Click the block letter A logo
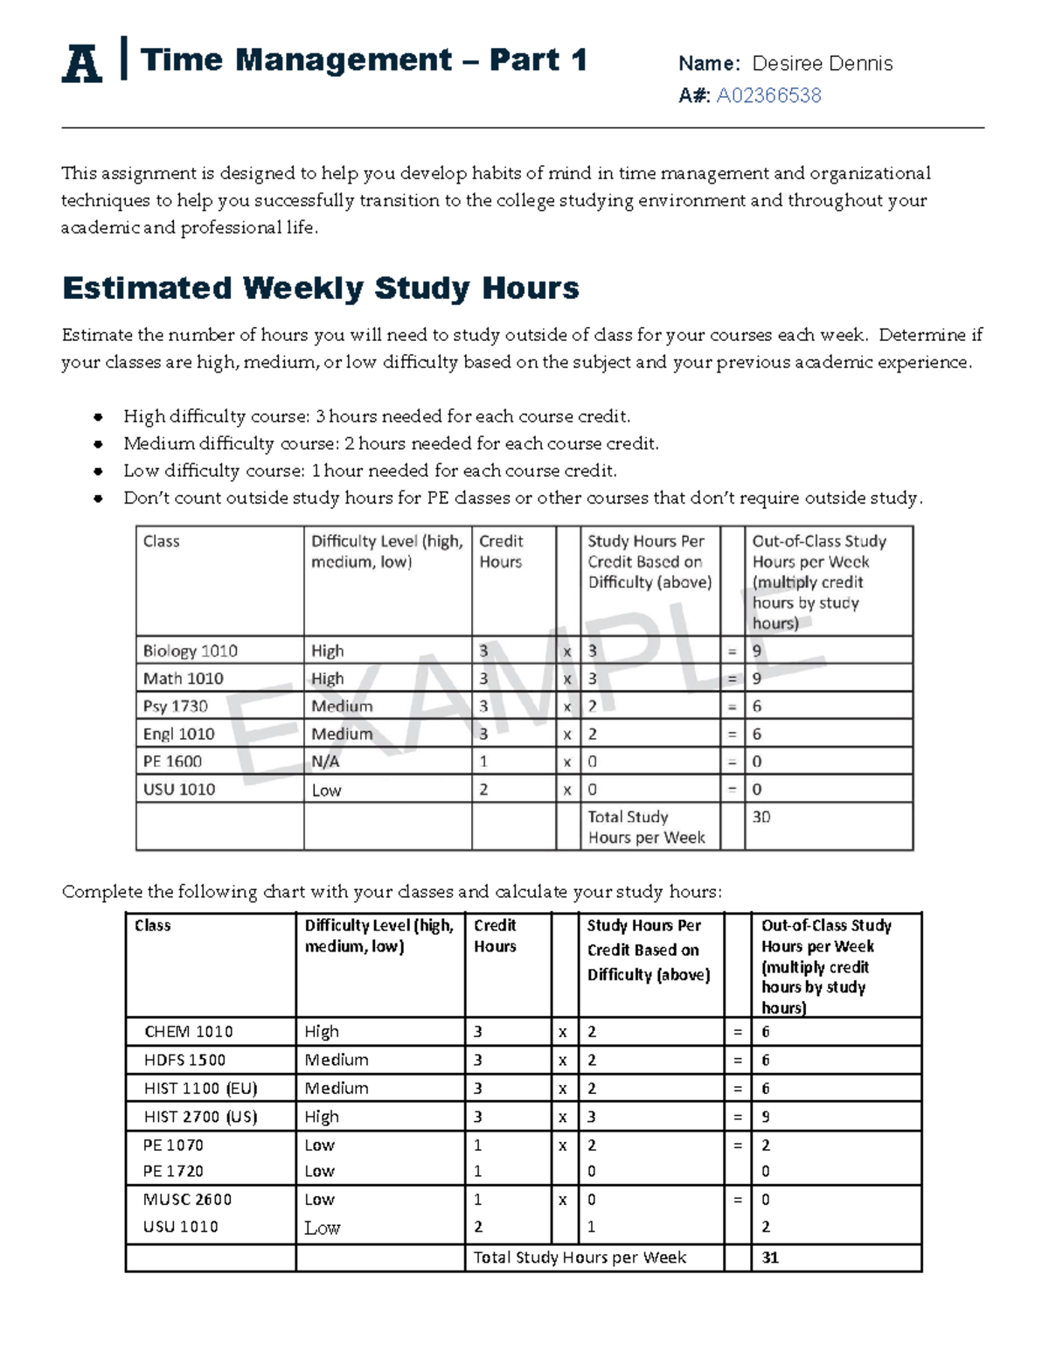coord(81,63)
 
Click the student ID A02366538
coord(768,95)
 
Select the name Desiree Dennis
coord(822,63)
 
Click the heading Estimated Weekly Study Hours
coord(320,288)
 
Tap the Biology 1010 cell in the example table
coord(191,651)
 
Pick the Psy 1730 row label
coord(176,706)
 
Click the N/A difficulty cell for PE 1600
coord(325,762)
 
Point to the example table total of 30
coord(761,817)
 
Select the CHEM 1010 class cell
coord(189,1032)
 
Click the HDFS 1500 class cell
coord(184,1060)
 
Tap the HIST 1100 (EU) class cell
coord(200,1089)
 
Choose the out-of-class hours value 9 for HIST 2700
coord(766,1117)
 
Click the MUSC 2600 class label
coord(187,1200)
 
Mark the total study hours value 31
coord(770,1257)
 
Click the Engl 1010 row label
coord(178,734)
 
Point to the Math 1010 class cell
coord(183,679)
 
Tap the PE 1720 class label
coord(173,1171)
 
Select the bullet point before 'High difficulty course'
coord(98,417)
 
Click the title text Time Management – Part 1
coord(363,59)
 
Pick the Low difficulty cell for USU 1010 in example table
coord(326,790)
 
